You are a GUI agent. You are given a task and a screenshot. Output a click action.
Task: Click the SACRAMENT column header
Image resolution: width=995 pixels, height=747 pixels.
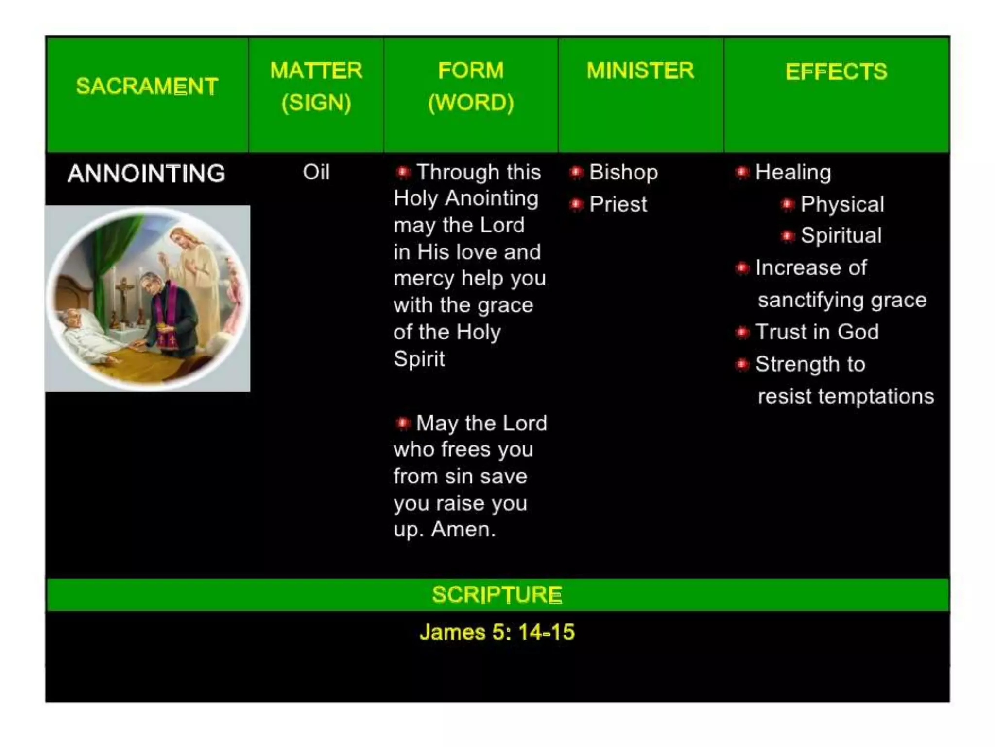click(147, 87)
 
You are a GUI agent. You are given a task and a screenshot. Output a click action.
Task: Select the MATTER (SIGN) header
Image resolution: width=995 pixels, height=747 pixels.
click(316, 87)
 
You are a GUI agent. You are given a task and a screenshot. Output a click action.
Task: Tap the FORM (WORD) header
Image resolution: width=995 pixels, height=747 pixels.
click(471, 87)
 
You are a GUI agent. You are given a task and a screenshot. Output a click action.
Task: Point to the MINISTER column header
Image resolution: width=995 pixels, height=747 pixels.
click(640, 71)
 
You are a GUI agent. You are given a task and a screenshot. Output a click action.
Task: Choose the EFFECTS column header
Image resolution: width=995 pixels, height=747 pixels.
click(836, 71)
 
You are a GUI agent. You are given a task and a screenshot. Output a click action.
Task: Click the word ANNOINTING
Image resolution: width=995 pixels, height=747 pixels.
click(146, 174)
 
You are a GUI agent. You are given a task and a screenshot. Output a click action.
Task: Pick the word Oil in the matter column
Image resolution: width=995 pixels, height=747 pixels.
click(316, 172)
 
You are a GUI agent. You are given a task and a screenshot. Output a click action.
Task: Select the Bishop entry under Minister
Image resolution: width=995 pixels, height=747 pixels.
click(623, 172)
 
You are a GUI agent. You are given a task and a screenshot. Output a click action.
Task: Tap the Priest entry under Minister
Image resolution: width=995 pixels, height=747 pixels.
click(618, 204)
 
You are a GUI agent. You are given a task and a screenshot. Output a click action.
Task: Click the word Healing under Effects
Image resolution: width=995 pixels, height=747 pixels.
click(793, 172)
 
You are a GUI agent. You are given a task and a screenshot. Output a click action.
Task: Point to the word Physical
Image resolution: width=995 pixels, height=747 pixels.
click(842, 204)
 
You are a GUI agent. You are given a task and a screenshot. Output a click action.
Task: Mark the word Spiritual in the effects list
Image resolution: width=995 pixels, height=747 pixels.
click(841, 236)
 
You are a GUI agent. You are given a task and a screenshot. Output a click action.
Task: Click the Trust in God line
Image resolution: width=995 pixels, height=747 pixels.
click(817, 332)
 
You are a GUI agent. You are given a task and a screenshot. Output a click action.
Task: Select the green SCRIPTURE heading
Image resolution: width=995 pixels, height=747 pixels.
click(497, 595)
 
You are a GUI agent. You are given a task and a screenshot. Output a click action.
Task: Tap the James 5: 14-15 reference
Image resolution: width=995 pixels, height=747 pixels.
click(497, 632)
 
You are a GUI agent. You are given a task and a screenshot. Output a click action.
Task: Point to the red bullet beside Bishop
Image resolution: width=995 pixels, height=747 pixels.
click(576, 172)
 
